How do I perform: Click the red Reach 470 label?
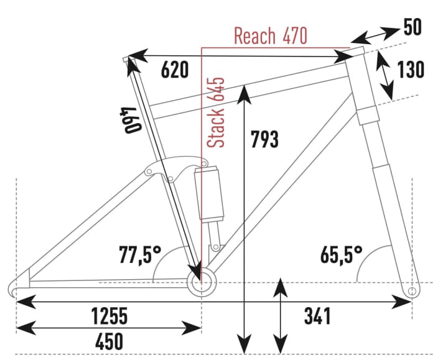click(x=270, y=35)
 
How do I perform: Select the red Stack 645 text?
click(x=217, y=113)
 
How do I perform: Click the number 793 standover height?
click(x=264, y=141)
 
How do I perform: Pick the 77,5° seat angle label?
click(x=140, y=254)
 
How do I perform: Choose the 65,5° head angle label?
click(x=342, y=254)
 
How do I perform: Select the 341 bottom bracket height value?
click(x=317, y=316)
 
